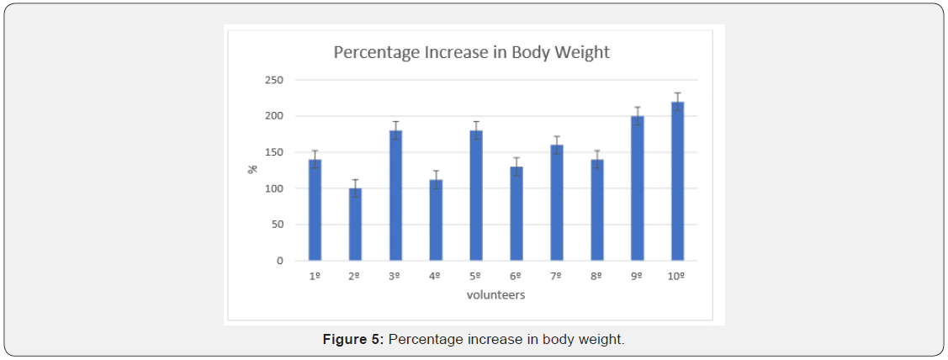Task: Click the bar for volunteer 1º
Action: pyautogui.click(x=315, y=210)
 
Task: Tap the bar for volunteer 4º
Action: pyautogui.click(x=436, y=220)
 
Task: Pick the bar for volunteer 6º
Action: pyautogui.click(x=516, y=214)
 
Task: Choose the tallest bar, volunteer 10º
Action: pyautogui.click(x=677, y=181)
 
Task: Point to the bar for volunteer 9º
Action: pyautogui.click(x=638, y=188)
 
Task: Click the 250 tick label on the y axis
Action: pyautogui.click(x=275, y=81)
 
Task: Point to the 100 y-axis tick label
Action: pyautogui.click(x=275, y=188)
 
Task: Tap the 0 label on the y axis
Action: pyautogui.click(x=280, y=261)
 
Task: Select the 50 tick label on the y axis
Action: pyautogui.click(x=278, y=225)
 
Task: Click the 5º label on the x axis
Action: pyautogui.click(x=476, y=277)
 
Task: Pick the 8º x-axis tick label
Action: pyautogui.click(x=597, y=277)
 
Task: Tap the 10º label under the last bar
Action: pyautogui.click(x=677, y=277)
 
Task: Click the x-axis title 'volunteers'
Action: pyautogui.click(x=496, y=295)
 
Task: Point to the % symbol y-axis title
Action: pyautogui.click(x=252, y=169)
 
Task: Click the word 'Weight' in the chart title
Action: pyautogui.click(x=581, y=52)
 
